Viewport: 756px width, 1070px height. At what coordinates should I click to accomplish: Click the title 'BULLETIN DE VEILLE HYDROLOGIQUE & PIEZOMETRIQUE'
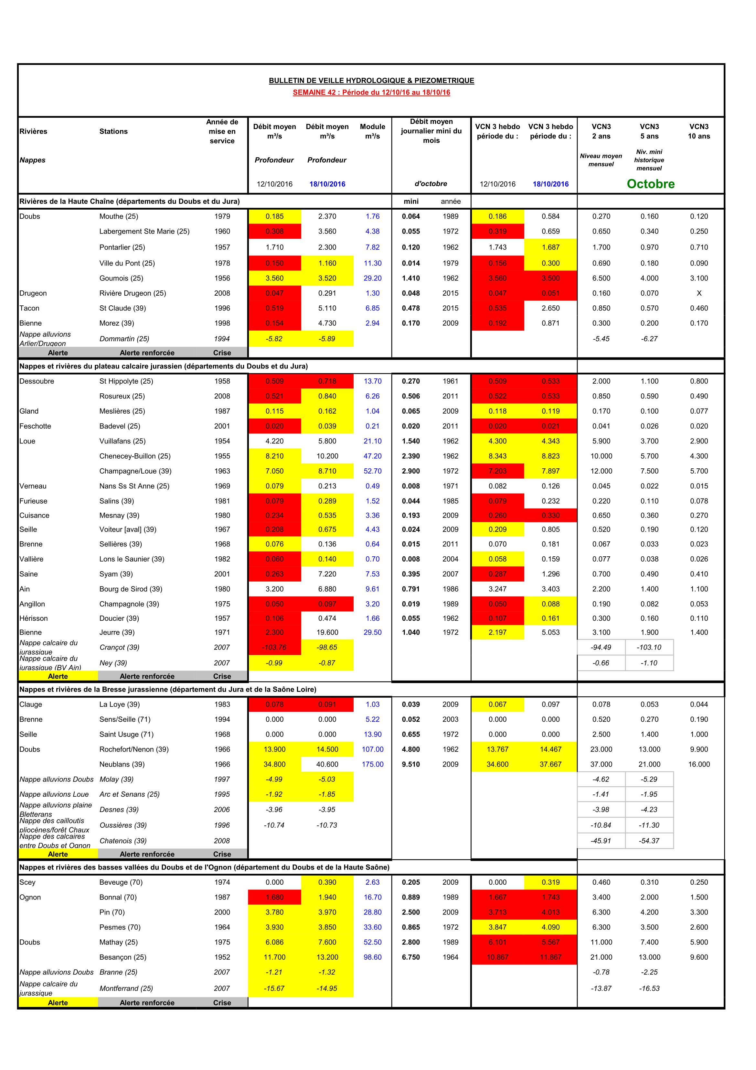[371, 81]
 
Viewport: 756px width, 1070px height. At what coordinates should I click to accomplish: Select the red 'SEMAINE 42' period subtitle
[371, 92]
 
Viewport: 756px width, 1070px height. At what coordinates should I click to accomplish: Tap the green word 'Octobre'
[650, 184]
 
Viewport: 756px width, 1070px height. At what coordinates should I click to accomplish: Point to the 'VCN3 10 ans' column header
[699, 131]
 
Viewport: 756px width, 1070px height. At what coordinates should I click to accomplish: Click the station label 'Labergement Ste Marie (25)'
[144, 232]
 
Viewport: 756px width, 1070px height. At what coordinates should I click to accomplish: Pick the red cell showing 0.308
[274, 232]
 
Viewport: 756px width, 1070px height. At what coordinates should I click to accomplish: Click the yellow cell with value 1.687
[550, 247]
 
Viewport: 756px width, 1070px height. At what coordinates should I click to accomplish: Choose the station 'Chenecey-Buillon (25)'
[135, 456]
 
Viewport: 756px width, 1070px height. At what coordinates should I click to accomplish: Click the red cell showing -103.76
[274, 647]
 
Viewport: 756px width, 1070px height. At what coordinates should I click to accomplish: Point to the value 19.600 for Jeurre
[327, 632]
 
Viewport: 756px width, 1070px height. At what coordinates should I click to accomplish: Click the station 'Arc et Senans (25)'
[130, 794]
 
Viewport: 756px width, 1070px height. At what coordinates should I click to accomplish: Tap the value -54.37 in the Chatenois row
[649, 841]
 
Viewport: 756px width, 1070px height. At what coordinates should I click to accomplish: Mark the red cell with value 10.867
[497, 957]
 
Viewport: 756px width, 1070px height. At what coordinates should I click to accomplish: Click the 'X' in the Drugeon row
[699, 293]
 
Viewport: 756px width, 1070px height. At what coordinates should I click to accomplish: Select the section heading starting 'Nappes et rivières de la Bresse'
[168, 689]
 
